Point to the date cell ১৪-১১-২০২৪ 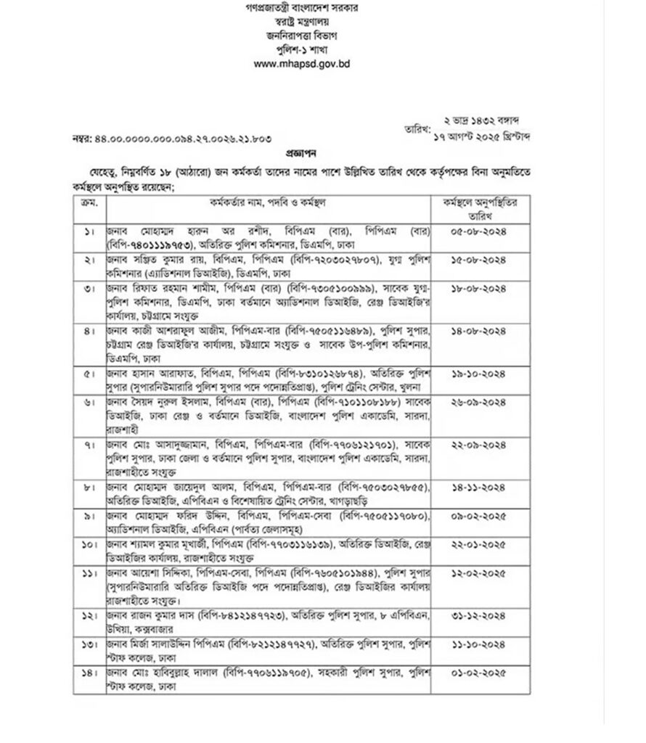(478, 485)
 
